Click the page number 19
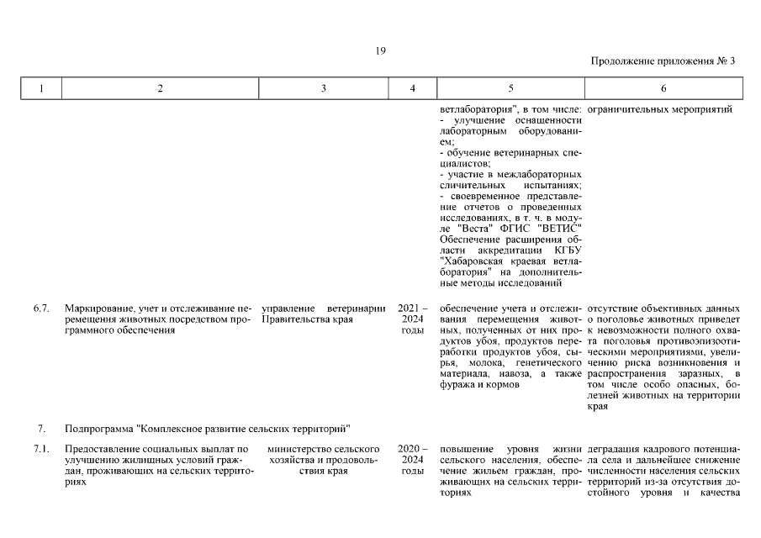pos(380,51)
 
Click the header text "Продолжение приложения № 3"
pos(663,61)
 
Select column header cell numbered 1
pos(41,89)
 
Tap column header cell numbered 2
pos(159,89)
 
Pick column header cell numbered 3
pos(324,89)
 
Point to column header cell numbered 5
pos(510,89)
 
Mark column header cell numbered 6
pos(663,89)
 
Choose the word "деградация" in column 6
pos(613,449)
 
